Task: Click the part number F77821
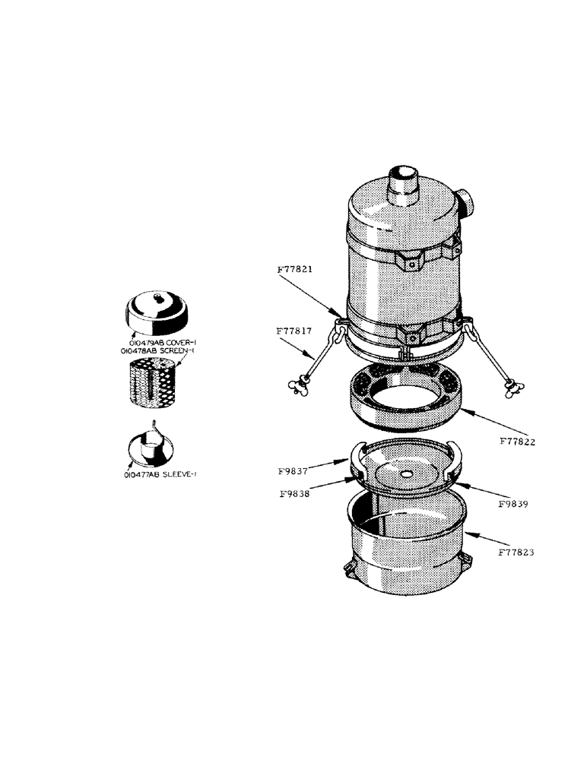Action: pyautogui.click(x=295, y=270)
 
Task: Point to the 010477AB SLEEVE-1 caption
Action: pyautogui.click(x=160, y=473)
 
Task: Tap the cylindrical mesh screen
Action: pyautogui.click(x=157, y=384)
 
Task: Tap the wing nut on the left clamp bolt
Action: pyautogui.click(x=293, y=386)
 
